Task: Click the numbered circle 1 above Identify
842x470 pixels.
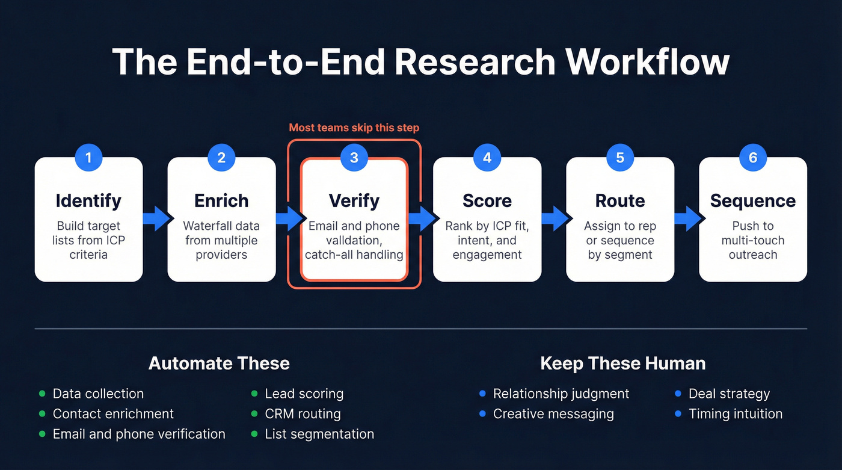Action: tap(88, 158)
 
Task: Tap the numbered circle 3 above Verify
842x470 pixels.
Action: tap(354, 158)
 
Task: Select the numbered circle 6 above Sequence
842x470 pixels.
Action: tap(752, 158)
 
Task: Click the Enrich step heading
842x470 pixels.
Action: tap(221, 200)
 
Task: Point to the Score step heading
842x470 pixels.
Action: tap(487, 200)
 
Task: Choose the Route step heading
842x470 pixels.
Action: tap(619, 200)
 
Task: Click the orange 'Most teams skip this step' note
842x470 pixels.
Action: tap(354, 128)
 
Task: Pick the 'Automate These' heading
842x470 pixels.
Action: tap(219, 363)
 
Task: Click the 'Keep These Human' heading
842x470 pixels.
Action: tap(622, 363)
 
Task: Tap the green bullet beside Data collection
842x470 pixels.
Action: tap(42, 394)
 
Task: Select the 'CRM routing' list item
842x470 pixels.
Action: tap(303, 414)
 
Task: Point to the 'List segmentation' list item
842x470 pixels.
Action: tap(319, 434)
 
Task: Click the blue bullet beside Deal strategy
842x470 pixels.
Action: tap(678, 394)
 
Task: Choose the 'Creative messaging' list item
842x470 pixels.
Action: tap(553, 414)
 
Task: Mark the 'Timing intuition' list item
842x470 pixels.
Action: tap(736, 414)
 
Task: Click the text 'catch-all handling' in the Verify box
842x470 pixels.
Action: tap(354, 255)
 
